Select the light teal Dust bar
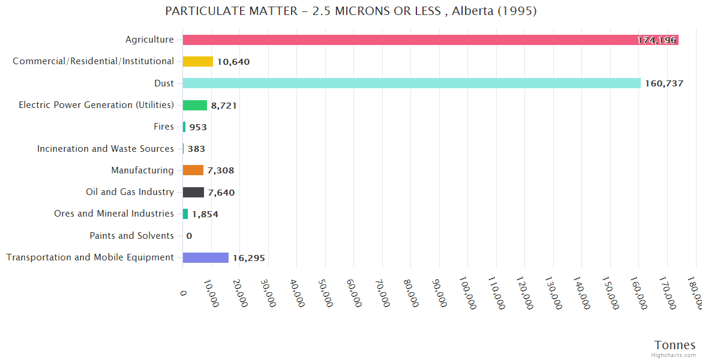click(412, 83)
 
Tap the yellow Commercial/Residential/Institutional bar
click(198, 61)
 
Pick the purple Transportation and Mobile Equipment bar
click(206, 257)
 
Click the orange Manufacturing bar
click(193, 170)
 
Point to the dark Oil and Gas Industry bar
click(194, 192)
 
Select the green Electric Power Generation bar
click(195, 105)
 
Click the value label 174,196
click(657, 40)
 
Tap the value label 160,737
click(664, 83)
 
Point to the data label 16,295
click(249, 258)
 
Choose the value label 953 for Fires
click(198, 127)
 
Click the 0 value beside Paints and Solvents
click(189, 236)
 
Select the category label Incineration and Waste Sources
click(106, 148)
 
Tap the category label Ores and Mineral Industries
click(114, 214)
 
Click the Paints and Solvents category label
click(132, 236)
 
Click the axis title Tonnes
click(675, 345)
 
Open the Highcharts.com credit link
click(674, 355)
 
